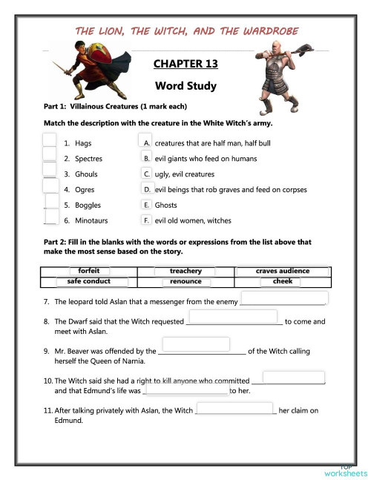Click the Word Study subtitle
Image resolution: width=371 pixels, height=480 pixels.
[x=185, y=86]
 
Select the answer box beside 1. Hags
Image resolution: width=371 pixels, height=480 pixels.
[x=50, y=142]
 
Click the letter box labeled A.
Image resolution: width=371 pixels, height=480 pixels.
[x=147, y=142]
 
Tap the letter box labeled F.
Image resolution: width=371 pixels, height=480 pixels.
[x=147, y=220]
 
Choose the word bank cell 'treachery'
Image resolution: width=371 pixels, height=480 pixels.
[x=185, y=271]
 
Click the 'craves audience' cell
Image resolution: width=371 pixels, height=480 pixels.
[x=282, y=271]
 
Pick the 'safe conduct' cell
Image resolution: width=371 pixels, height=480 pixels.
[x=89, y=281]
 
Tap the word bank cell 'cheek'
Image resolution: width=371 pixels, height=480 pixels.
[x=282, y=281]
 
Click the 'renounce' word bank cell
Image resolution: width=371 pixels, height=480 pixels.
[x=185, y=281]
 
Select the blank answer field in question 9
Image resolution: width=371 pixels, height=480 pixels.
[x=196, y=344]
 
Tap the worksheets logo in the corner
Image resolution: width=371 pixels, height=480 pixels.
[x=345, y=470]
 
